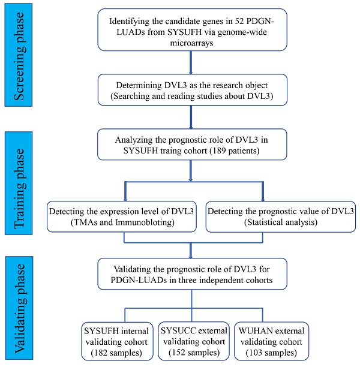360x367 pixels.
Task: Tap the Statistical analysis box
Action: pos(264,215)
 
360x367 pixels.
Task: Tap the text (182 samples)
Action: pos(121,352)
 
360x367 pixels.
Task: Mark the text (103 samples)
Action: pos(262,352)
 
